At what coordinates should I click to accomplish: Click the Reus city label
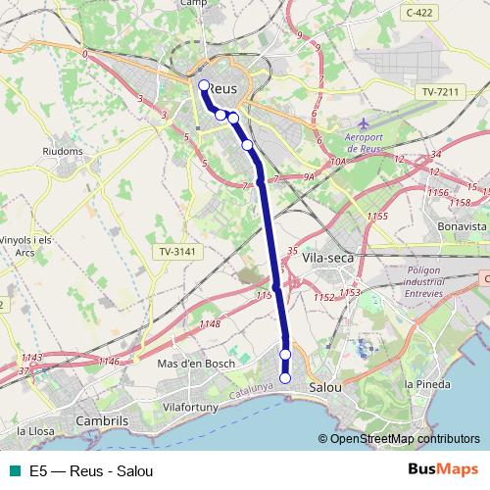click(x=223, y=88)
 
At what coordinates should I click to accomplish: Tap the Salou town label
click(x=325, y=387)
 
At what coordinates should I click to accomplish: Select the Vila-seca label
click(x=327, y=257)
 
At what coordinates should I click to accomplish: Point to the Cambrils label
click(x=103, y=421)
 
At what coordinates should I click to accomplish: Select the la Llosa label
click(x=35, y=429)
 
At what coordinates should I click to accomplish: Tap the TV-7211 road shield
click(x=439, y=91)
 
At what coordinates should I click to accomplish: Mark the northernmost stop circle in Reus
click(x=205, y=85)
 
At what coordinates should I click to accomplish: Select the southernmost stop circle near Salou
click(x=285, y=378)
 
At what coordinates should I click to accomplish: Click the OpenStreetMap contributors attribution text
click(x=405, y=438)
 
